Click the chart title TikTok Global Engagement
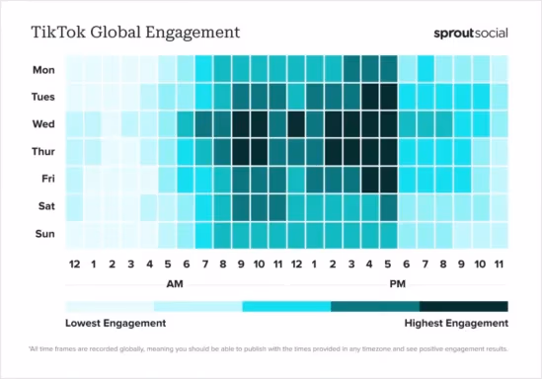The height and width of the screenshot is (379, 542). (136, 32)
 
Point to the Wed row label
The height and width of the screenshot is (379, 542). (45, 124)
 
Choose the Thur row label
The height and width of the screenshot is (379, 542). (44, 152)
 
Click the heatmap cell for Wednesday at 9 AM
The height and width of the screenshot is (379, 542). (240, 124)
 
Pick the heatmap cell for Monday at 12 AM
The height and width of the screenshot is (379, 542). (73, 69)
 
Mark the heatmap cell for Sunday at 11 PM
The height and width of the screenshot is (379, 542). (500, 235)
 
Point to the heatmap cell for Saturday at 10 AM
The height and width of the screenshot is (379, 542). (259, 207)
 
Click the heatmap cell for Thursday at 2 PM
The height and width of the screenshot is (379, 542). (333, 152)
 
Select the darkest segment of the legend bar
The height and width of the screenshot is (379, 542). (464, 307)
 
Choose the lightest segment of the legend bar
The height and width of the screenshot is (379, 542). (110, 307)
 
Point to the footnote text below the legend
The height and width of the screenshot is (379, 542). (271, 349)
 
